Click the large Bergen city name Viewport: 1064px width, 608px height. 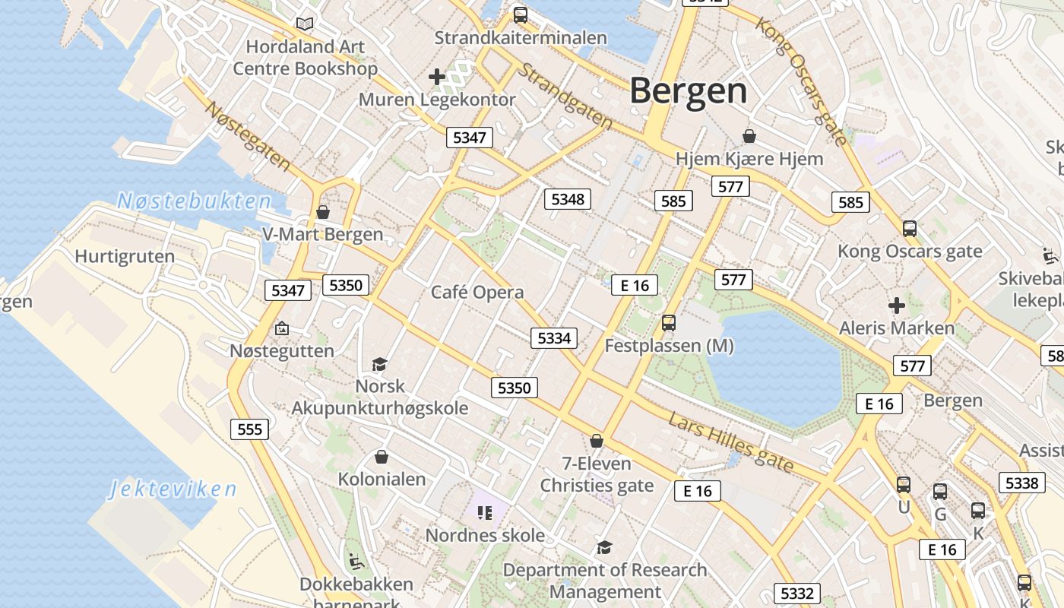[x=688, y=91]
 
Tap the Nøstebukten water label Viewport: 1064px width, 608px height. [x=194, y=201]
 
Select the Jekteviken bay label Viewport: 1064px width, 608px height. [x=173, y=489]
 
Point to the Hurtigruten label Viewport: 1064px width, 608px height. [x=125, y=257]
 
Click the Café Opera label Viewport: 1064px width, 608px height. [x=477, y=293]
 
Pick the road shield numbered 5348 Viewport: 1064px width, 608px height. [x=568, y=199]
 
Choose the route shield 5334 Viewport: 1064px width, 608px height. [x=554, y=338]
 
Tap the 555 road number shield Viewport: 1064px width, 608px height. [x=249, y=429]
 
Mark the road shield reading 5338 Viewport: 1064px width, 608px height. [x=1021, y=483]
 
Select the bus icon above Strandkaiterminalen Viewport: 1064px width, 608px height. [x=521, y=14]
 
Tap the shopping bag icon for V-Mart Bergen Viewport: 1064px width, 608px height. [x=323, y=212]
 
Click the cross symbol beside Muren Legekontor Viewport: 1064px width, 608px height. [x=437, y=76]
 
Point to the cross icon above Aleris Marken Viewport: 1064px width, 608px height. [x=897, y=306]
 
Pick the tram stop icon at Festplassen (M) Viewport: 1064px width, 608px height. [x=669, y=323]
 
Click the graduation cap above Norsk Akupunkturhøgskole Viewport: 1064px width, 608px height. [x=379, y=365]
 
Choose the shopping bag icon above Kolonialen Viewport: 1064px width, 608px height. [x=382, y=457]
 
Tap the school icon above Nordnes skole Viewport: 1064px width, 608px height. [x=485, y=512]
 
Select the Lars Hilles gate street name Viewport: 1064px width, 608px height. [x=731, y=442]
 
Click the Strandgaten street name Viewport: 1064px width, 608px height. [x=566, y=96]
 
